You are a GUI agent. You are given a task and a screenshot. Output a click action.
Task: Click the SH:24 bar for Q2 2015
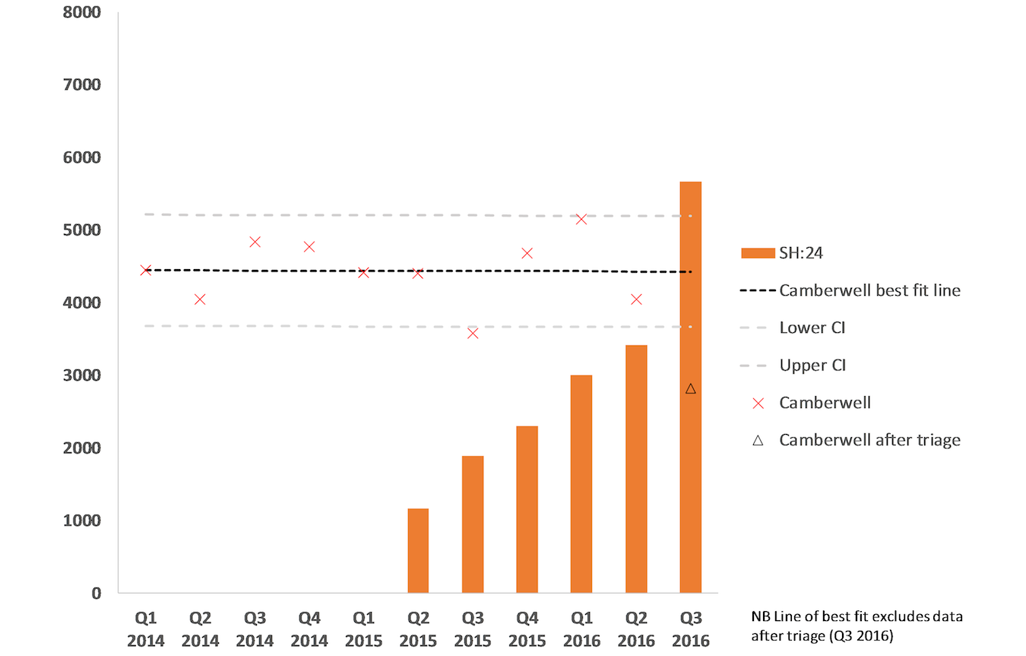pos(418,551)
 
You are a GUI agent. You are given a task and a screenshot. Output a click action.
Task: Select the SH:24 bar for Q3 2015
pos(473,524)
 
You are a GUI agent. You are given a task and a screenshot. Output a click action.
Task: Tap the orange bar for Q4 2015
pos(527,509)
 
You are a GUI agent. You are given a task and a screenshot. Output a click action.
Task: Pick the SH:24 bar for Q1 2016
pos(581,484)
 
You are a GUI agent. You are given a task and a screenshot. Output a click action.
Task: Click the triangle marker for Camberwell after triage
pos(690,389)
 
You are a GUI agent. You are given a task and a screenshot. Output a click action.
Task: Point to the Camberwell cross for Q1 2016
pos(581,219)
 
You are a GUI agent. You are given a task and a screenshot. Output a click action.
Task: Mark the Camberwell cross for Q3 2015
pos(473,333)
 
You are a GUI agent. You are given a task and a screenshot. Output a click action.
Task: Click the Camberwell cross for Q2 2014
pos(200,299)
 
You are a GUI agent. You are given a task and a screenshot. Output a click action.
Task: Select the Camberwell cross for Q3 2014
pos(255,242)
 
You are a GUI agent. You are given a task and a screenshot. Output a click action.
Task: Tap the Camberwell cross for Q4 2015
pos(527,253)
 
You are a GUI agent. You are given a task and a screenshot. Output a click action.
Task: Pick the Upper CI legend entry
pos(812,365)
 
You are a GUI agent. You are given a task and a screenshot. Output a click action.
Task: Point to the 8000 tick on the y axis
pos(81,12)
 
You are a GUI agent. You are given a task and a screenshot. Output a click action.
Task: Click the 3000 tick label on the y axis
pos(81,376)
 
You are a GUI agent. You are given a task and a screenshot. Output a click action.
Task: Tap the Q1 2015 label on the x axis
pos(363,629)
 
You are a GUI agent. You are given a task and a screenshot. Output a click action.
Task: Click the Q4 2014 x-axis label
pos(309,629)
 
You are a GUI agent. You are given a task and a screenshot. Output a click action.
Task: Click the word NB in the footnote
pos(760,616)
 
